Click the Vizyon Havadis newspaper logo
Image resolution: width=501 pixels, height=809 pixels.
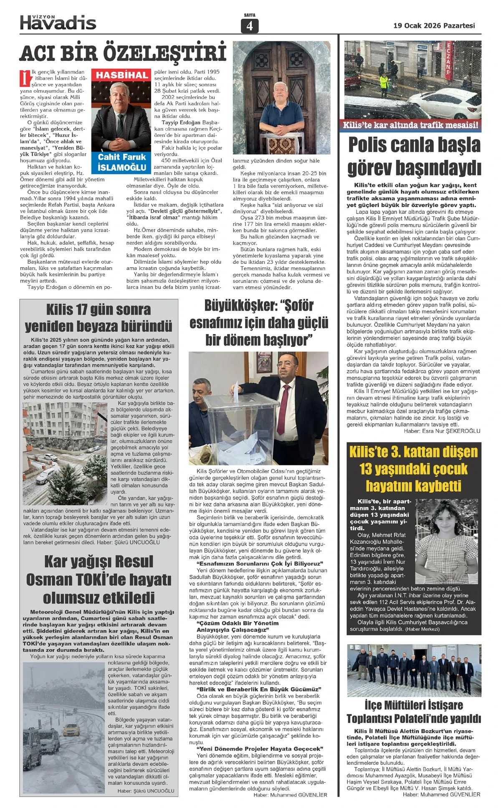click(58, 22)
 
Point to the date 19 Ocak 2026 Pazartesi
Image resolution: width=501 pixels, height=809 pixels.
click(434, 25)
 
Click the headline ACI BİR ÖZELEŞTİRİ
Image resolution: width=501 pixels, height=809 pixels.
click(123, 54)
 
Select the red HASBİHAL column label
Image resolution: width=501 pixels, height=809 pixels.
click(122, 75)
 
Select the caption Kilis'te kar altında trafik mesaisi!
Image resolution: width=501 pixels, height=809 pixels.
click(411, 125)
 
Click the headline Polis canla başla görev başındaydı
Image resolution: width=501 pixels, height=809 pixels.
click(414, 156)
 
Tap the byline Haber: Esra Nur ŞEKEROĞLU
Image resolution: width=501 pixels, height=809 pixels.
click(442, 431)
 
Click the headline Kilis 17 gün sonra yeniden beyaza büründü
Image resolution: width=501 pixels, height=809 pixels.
click(99, 318)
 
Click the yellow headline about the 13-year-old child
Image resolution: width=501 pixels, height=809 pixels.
click(413, 469)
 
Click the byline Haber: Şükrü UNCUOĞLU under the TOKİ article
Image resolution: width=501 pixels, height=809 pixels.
click(146, 791)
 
